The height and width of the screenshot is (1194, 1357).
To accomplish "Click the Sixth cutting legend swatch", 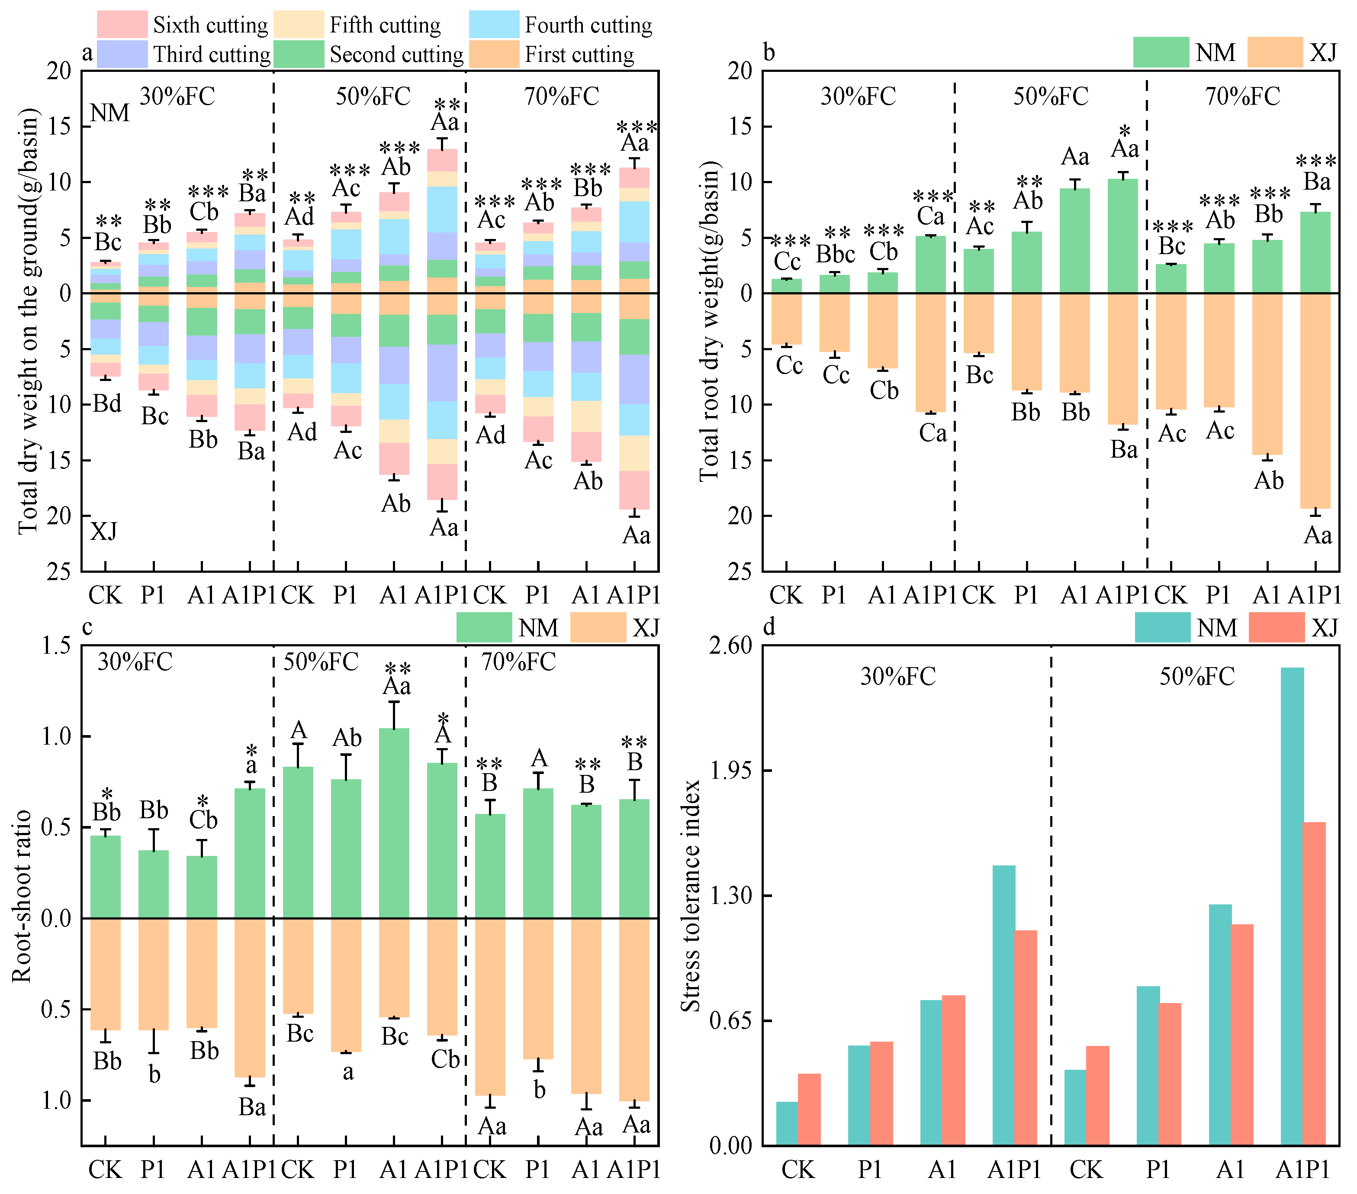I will click(122, 25).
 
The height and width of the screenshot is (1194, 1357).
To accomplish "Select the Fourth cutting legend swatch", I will click(494, 25).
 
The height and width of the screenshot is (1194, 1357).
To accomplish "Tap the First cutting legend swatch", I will click(494, 54).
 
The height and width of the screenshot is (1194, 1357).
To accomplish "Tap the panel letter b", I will click(769, 52).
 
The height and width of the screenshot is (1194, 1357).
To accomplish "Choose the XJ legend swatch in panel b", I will click(1275, 52).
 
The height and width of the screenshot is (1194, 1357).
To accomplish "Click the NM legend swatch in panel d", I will click(1162, 628).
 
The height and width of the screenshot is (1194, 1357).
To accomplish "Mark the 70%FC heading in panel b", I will click(1243, 96).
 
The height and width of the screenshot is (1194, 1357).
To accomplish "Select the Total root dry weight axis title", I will click(709, 321).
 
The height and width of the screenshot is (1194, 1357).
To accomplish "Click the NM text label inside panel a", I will click(109, 113).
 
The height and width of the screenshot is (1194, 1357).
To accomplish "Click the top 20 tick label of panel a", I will click(58, 71).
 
